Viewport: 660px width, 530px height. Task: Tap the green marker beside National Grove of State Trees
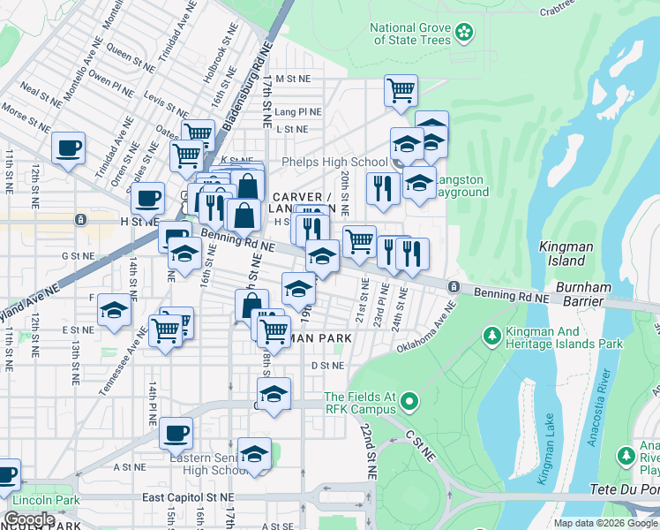pos(464,34)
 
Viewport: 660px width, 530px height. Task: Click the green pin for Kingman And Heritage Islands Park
pos(491,336)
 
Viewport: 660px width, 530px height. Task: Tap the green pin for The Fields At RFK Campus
pos(408,403)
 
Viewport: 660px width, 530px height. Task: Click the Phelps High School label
pos(334,162)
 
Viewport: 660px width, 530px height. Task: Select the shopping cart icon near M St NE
pos(401,89)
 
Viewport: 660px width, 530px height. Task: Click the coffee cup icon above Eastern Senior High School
pos(176,433)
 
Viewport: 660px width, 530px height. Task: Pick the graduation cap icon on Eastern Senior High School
pos(254,454)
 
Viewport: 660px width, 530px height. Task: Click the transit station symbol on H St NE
pos(80,219)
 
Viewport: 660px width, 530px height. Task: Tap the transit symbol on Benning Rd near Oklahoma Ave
pos(454,287)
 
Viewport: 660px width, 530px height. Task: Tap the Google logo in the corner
pos(29,519)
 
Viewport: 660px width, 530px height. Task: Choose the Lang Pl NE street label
pos(297,112)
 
